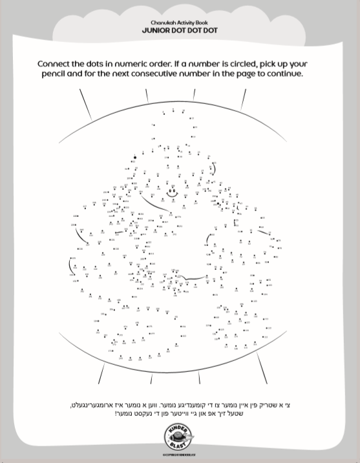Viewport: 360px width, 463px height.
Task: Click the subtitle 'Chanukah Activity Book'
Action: pyautogui.click(x=180, y=23)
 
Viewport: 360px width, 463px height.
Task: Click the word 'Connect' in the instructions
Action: pyautogui.click(x=55, y=65)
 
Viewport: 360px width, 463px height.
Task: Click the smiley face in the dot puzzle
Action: pyautogui.click(x=173, y=192)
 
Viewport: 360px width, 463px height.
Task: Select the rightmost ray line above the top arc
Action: pyautogui.click(x=243, y=99)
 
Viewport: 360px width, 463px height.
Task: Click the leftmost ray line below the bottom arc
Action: pyautogui.click(x=101, y=373)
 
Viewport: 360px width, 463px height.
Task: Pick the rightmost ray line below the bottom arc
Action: pyautogui.click(x=262, y=367)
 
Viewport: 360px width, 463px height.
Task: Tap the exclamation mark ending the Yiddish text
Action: pyautogui.click(x=117, y=413)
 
